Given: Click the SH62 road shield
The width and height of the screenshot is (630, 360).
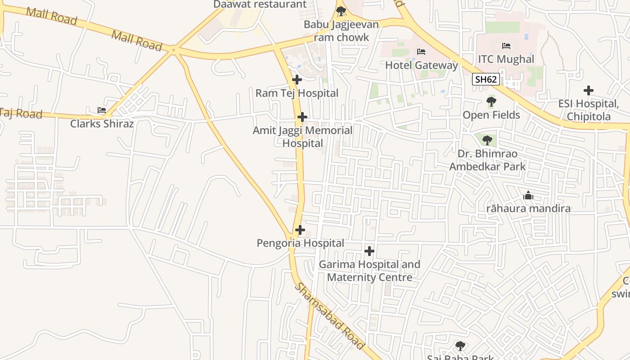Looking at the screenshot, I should (x=486, y=80).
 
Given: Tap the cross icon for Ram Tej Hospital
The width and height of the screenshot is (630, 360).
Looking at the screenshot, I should (x=297, y=80).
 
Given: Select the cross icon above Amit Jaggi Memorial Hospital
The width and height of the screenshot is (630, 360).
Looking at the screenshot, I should (x=302, y=117).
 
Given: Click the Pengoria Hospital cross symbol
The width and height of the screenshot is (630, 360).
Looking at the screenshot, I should (x=300, y=230).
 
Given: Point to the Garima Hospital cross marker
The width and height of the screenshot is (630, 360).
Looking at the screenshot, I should (x=369, y=251).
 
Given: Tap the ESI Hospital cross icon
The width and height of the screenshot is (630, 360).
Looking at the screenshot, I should (x=589, y=91).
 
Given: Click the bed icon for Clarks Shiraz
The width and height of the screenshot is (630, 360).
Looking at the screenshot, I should (x=102, y=110).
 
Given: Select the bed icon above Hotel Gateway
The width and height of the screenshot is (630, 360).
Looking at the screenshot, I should (x=421, y=52).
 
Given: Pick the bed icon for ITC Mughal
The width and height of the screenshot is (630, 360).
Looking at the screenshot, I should (x=506, y=46).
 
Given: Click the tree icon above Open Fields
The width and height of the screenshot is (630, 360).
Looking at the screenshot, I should (x=491, y=102).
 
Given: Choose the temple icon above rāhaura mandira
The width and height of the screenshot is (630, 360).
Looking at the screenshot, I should (x=528, y=196).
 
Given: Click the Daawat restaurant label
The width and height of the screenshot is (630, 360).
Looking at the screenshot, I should (x=260, y=4).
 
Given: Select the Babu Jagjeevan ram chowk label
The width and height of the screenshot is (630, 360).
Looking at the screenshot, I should (x=341, y=31).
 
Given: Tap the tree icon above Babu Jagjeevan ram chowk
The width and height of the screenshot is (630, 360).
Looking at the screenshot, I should (x=341, y=11).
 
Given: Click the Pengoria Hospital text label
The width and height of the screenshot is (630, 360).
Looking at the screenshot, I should (x=300, y=243).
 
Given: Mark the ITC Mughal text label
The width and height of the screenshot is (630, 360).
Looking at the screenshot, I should (x=506, y=59).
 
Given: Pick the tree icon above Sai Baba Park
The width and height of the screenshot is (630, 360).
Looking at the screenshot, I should (x=460, y=346).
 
